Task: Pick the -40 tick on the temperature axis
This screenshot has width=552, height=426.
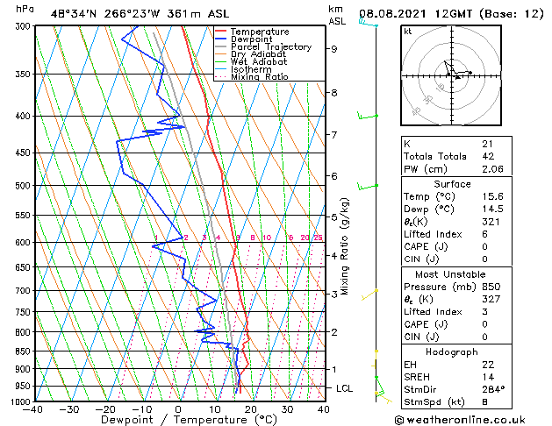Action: point(34,408)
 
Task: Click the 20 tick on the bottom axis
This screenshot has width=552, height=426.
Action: point(251,408)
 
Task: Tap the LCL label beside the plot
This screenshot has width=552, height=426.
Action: point(346,387)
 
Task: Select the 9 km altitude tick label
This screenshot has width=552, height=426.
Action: point(334,49)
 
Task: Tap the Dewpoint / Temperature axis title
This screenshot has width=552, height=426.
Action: point(178,421)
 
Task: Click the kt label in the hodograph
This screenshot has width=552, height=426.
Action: point(408,31)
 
